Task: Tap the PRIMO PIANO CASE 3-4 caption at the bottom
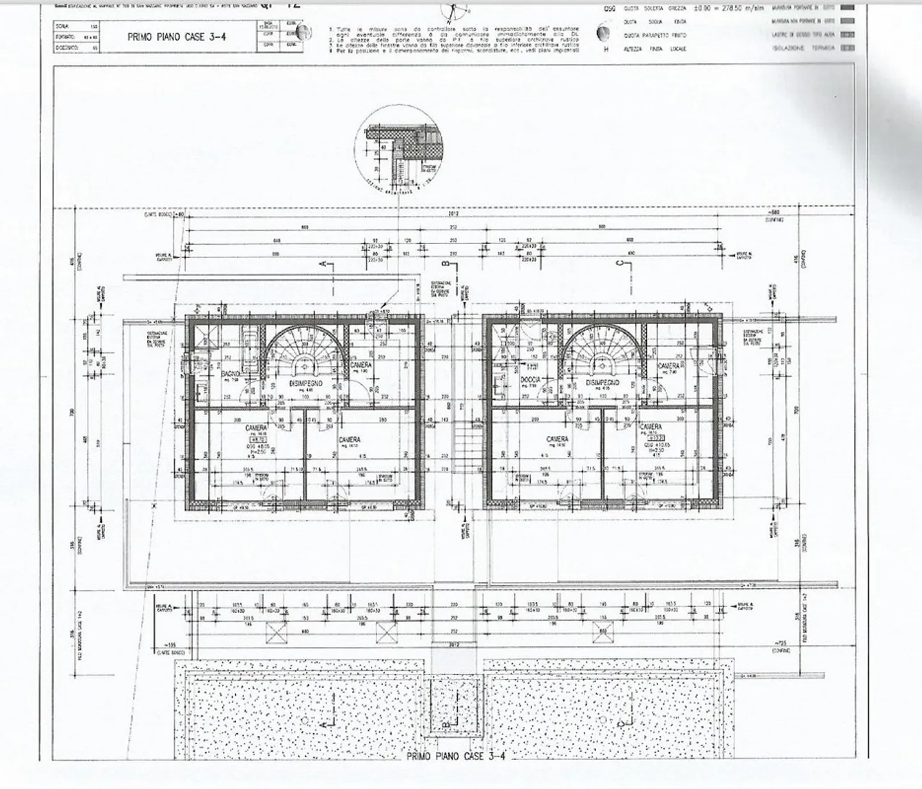pyautogui.click(x=456, y=756)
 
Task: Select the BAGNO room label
pyautogui.click(x=231, y=373)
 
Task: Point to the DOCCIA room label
pyautogui.click(x=530, y=380)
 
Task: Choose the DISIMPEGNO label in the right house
pyautogui.click(x=603, y=382)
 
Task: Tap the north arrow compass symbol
pyautogui.click(x=454, y=11)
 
